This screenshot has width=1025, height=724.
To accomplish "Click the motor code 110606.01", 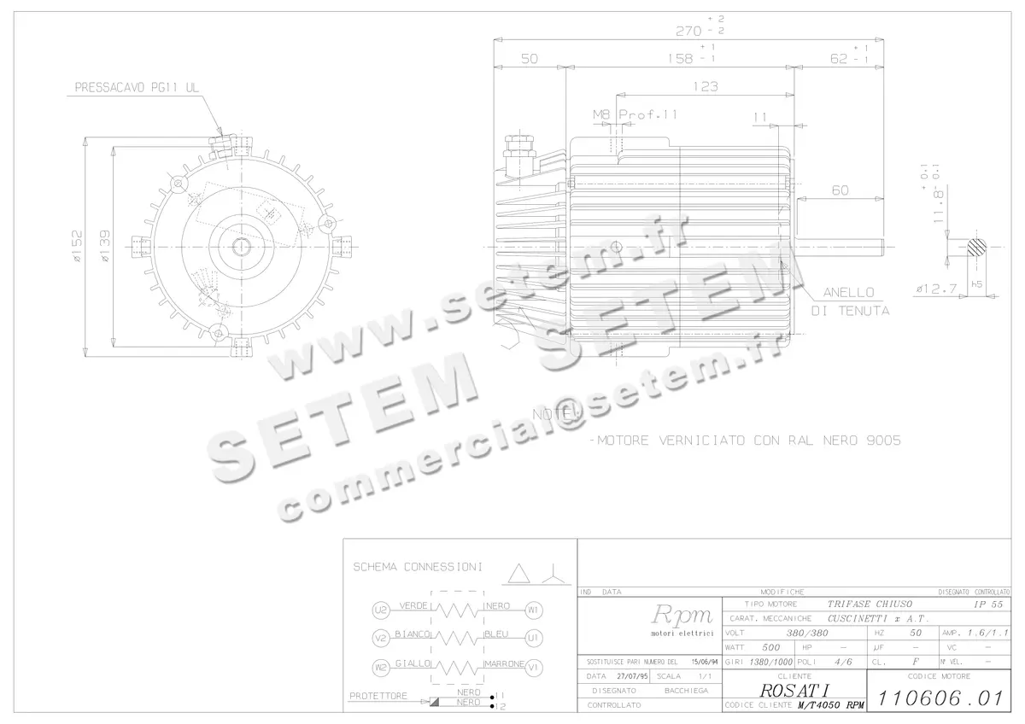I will [x=939, y=698].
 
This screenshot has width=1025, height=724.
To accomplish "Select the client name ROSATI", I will [x=794, y=690].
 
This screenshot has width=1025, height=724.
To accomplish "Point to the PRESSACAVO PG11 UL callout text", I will [x=137, y=87].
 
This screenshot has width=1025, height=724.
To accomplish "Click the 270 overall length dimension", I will [x=688, y=32].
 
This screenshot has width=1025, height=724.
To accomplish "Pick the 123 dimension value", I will [x=705, y=86].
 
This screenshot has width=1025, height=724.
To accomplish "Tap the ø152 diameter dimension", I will [x=77, y=247].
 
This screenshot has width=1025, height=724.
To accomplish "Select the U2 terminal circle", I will [x=381, y=610].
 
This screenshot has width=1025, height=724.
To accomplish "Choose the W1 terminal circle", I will [x=533, y=610].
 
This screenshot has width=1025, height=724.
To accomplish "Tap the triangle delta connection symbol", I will [x=518, y=573].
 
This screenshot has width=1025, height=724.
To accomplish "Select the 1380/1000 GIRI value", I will [x=771, y=662].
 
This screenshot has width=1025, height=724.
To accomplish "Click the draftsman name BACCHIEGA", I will [x=686, y=690].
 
